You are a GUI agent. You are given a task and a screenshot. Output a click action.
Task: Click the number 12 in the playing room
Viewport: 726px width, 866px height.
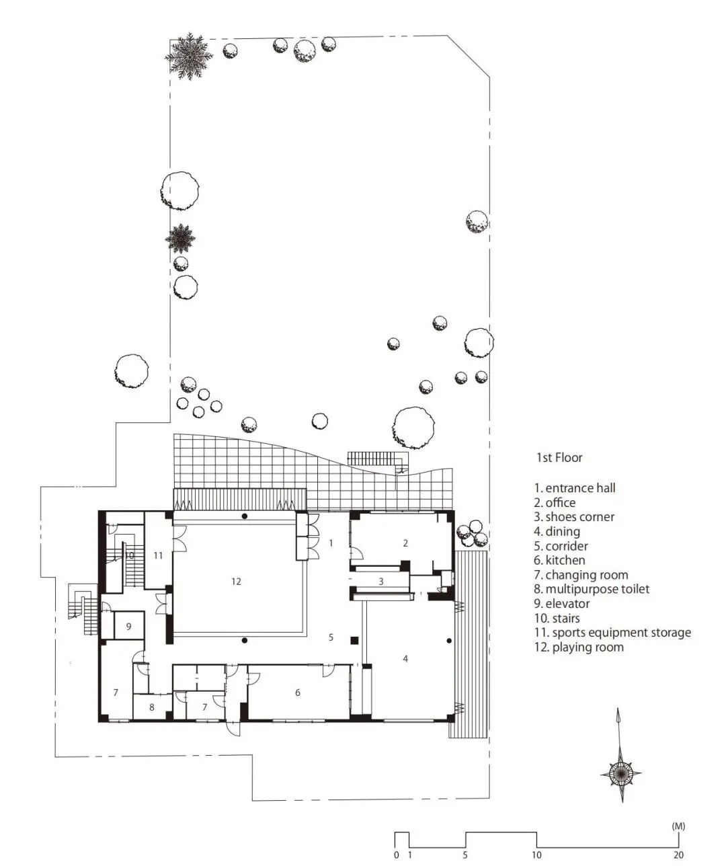tap(236, 582)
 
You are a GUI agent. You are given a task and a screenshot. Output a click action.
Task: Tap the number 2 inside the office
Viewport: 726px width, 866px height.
tap(405, 543)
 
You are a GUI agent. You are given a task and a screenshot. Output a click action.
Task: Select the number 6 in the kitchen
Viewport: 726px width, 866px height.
tap(297, 693)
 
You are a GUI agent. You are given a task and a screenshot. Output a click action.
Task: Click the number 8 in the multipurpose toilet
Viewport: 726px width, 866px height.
tap(152, 707)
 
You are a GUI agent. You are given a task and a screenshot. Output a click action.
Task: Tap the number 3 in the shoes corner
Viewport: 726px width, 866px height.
tap(380, 582)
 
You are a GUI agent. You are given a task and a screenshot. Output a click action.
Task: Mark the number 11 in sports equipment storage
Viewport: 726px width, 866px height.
tap(158, 555)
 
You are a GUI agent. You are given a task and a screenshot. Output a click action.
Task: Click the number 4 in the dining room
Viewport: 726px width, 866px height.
tap(405, 658)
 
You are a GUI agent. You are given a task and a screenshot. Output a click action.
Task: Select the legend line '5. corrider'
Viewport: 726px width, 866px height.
tap(561, 546)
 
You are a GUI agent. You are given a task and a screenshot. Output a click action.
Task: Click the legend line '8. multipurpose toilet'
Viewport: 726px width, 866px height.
tap(592, 590)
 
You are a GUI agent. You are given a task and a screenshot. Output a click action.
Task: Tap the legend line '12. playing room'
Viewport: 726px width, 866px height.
tap(579, 647)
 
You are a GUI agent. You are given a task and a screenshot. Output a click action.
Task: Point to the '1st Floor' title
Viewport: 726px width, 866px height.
tap(559, 457)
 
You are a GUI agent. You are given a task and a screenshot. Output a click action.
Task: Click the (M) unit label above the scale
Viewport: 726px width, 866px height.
tap(678, 826)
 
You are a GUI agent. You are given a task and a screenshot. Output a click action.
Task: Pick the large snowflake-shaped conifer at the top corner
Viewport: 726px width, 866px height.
tap(189, 56)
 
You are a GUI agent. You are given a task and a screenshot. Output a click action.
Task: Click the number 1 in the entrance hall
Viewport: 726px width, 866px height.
tap(331, 543)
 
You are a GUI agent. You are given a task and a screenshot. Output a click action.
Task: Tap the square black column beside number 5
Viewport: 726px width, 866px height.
tap(354, 640)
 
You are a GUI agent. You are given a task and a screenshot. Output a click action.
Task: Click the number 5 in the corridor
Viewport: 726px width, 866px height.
tap(331, 637)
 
